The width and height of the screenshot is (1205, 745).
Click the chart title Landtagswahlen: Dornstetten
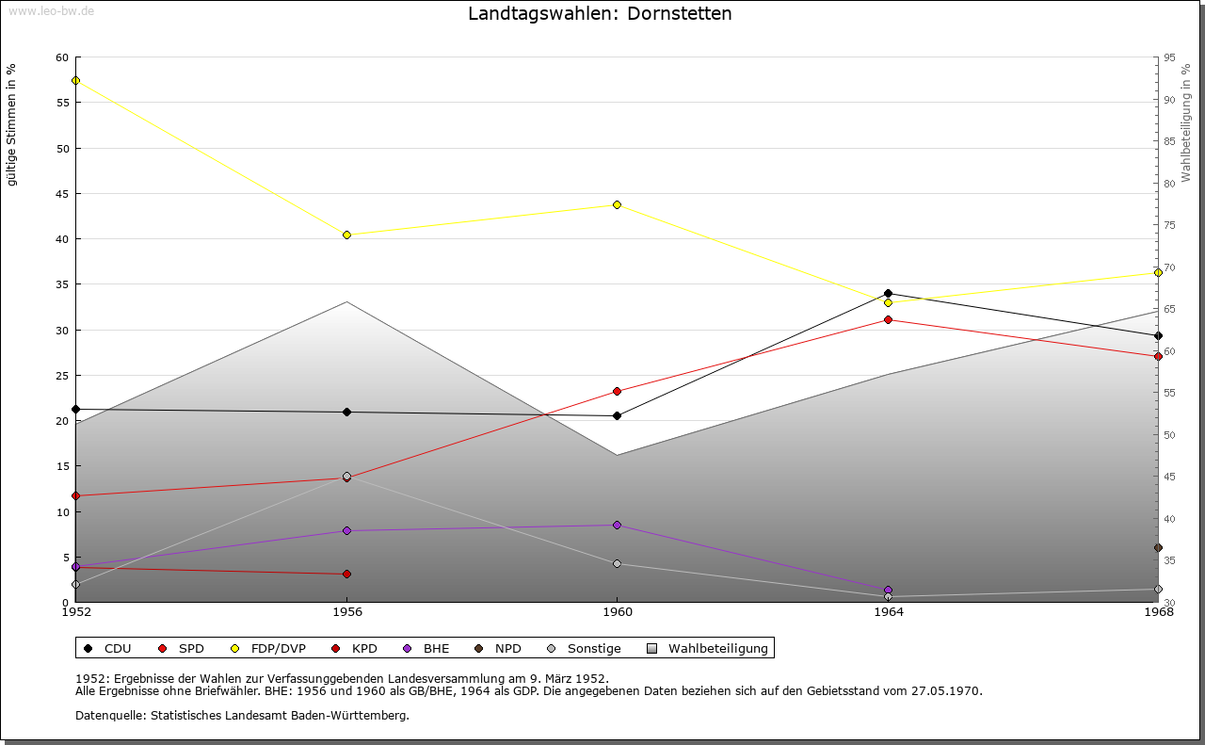[x=600, y=14]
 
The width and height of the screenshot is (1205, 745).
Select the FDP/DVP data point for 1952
[x=75, y=80]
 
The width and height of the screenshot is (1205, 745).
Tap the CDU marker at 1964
[x=888, y=293]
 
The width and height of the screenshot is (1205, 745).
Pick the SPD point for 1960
[x=617, y=391]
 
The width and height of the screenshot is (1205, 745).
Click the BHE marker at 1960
[x=617, y=525]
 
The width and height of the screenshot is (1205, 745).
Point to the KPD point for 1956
[x=346, y=574]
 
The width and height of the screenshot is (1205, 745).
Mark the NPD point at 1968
[x=1158, y=547]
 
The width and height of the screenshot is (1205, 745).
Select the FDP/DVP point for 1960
[x=617, y=204]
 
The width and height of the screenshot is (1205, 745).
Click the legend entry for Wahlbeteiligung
[x=717, y=648]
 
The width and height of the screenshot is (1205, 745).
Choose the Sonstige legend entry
[x=593, y=648]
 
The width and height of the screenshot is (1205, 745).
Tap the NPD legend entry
[x=507, y=648]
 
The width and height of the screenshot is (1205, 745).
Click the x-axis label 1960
[x=617, y=612]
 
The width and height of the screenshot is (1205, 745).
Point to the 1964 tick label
[x=888, y=612]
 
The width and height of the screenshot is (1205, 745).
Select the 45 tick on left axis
[x=62, y=194]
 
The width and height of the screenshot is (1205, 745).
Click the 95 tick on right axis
[x=1169, y=58]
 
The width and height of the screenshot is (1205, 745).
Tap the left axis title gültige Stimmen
[x=12, y=125]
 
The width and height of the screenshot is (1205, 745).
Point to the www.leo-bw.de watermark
[x=50, y=9]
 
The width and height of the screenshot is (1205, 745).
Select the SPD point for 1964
[x=888, y=319]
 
